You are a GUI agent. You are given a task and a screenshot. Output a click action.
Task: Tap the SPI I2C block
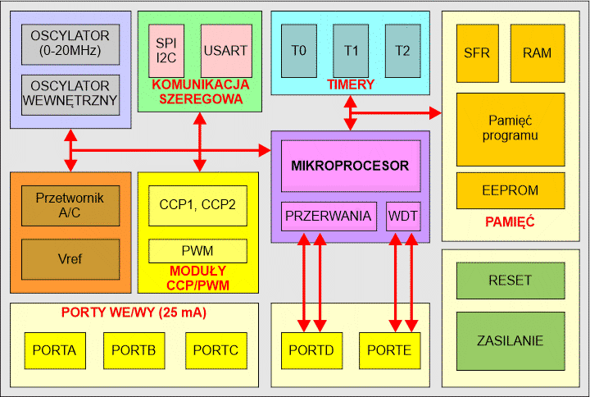168,51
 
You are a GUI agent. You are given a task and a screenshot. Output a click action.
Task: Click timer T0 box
298,51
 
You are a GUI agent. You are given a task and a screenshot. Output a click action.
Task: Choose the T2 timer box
402,51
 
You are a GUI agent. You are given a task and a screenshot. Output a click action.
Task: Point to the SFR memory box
476,52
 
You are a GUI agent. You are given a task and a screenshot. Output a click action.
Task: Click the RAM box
537,52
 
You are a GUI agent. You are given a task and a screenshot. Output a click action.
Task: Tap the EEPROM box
510,190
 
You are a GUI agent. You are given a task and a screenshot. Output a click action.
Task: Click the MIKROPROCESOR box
350,166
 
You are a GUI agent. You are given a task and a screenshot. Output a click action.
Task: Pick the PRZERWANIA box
329,217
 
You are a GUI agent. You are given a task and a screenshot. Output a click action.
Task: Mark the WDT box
402,217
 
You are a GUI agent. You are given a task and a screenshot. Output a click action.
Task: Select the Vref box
70,259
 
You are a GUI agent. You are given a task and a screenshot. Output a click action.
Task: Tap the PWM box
197,251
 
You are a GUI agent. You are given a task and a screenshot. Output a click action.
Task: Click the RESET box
510,280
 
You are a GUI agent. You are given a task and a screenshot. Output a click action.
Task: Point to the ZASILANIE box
510,340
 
